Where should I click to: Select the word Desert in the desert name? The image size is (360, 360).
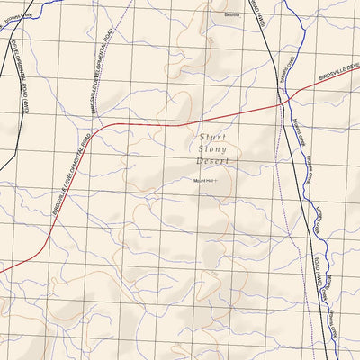click(x=213, y=161)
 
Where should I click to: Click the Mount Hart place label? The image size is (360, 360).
click(x=203, y=180)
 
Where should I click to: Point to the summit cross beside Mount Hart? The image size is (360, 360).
click(x=217, y=180)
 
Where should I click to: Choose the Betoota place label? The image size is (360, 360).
click(x=233, y=15)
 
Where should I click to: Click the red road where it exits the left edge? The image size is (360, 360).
click(x=3, y=269)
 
